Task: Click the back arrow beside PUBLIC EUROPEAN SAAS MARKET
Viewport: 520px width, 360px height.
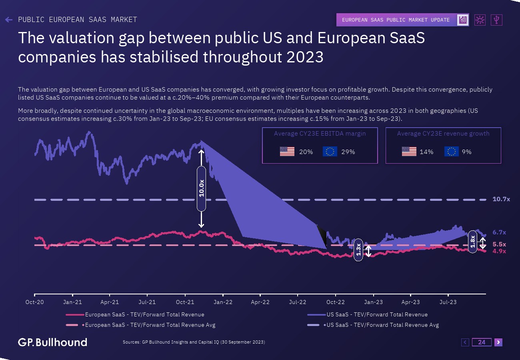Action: click(x=9, y=20)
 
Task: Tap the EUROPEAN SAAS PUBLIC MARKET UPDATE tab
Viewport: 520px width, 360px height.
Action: click(x=396, y=20)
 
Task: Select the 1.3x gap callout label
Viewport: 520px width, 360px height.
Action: click(x=358, y=250)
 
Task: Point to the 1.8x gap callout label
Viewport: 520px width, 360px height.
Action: click(x=472, y=242)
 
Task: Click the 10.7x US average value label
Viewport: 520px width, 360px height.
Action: click(x=501, y=199)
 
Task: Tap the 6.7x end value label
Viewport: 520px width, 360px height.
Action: click(x=499, y=232)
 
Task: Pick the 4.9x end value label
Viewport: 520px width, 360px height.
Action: click(x=499, y=251)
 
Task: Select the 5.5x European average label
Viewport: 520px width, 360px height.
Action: click(x=499, y=244)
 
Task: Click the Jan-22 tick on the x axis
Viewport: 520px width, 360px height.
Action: click(x=223, y=302)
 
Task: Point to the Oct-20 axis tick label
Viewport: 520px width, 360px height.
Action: click(x=34, y=302)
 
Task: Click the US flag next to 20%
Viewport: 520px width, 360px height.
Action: click(x=287, y=152)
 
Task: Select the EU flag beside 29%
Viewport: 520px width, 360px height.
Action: click(x=330, y=152)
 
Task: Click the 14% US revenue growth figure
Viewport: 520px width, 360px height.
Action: click(x=426, y=152)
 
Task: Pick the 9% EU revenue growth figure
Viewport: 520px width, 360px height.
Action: click(x=466, y=152)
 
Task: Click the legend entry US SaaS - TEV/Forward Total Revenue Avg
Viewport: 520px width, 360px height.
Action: click(x=382, y=325)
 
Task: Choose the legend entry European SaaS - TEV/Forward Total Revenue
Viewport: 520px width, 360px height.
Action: click(x=144, y=315)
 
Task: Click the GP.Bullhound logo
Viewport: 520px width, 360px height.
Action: click(x=52, y=342)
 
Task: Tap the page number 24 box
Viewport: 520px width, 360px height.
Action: click(x=482, y=342)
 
